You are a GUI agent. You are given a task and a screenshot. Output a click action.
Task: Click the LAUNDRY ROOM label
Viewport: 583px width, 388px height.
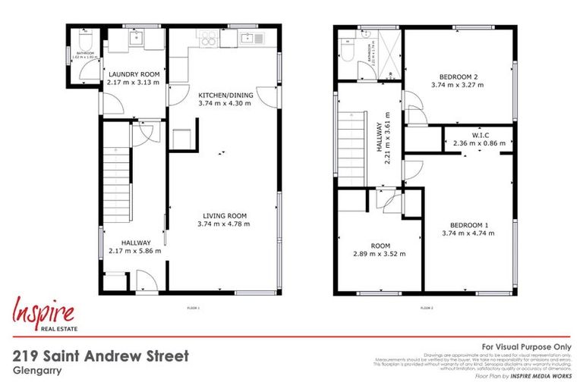133,74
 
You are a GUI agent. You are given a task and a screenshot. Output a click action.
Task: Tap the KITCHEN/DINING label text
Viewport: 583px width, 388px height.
223,95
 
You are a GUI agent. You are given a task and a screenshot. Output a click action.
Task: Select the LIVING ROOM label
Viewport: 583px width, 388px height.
223,216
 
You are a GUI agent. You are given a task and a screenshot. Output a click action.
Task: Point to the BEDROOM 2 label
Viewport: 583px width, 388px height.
459,77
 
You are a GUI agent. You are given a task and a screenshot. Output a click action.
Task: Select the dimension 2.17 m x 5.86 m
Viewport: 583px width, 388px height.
134,251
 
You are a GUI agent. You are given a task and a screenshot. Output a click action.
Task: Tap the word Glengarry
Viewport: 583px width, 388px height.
36,371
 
